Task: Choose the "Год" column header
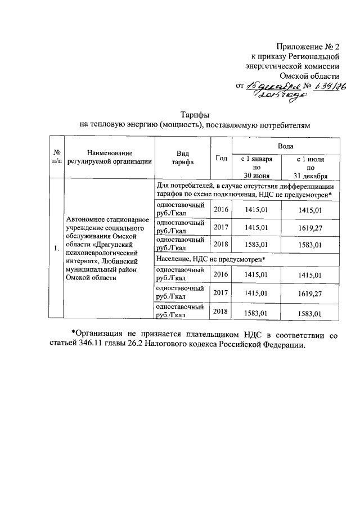[221, 158]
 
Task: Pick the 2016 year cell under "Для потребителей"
[220, 210]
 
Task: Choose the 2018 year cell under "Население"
[220, 312]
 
